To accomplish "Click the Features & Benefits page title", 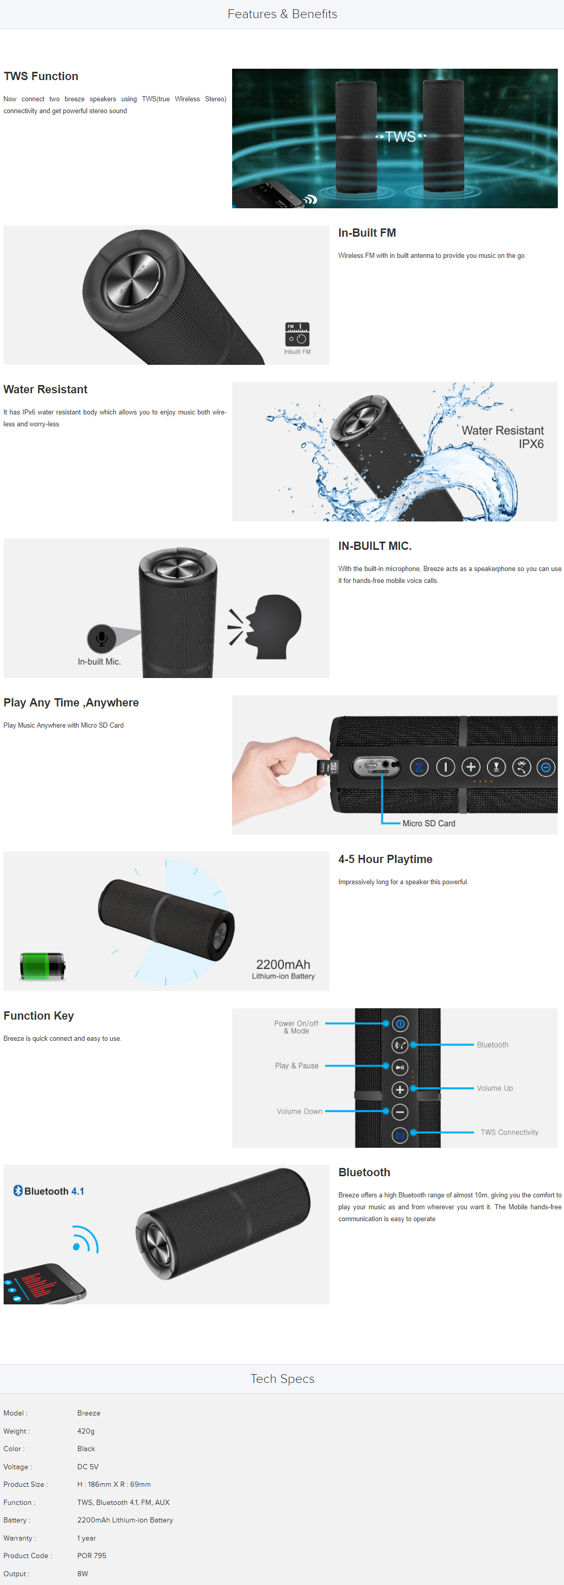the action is pyautogui.click(x=282, y=13).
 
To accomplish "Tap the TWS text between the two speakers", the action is pyautogui.click(x=400, y=136).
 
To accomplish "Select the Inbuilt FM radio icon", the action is pyautogui.click(x=297, y=334).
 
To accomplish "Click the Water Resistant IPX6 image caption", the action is pyautogui.click(x=502, y=437).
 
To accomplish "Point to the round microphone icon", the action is pyautogui.click(x=102, y=638).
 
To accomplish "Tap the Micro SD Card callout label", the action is pyautogui.click(x=429, y=823).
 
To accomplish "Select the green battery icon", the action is pyautogui.click(x=42, y=965).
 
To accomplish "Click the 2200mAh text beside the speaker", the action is pyautogui.click(x=283, y=964).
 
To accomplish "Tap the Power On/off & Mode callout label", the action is pyautogui.click(x=296, y=1027).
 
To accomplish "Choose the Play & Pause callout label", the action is pyautogui.click(x=297, y=1066).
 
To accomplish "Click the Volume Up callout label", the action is pyautogui.click(x=494, y=1088).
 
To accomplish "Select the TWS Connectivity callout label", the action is pyautogui.click(x=509, y=1132).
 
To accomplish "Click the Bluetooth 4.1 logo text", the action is pyautogui.click(x=49, y=1191).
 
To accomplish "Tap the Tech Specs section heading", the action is pyautogui.click(x=282, y=1378).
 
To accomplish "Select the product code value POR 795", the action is pyautogui.click(x=92, y=1556).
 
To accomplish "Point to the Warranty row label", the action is pyautogui.click(x=19, y=1537).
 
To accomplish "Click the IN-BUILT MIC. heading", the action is pyautogui.click(x=375, y=546).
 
